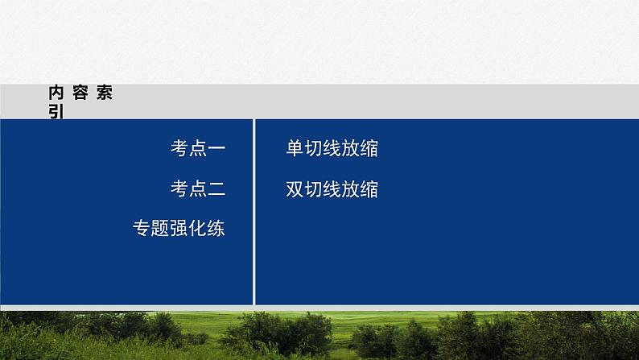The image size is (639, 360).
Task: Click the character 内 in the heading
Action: click(56, 93)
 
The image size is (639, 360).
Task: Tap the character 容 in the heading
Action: click(80, 93)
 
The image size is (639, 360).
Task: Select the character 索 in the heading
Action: click(104, 93)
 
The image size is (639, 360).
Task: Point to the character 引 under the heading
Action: click(56, 112)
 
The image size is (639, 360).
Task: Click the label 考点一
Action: click(197, 148)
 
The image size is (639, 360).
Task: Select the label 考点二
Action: click(197, 189)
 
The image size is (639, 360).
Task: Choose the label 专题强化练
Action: click(179, 229)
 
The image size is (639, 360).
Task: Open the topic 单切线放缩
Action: click(332, 148)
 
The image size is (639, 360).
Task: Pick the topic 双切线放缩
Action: click(332, 189)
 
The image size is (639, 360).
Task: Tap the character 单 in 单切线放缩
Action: click(295, 148)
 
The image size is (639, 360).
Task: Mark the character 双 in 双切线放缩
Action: click(295, 189)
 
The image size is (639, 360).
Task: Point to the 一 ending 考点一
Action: click(216, 148)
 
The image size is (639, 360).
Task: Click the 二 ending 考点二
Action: click(216, 189)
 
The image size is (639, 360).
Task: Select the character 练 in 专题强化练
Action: click(216, 229)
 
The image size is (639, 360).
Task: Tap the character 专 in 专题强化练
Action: click(142, 229)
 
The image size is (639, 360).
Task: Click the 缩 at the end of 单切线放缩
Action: click(369, 148)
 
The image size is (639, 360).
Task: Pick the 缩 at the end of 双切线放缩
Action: click(369, 189)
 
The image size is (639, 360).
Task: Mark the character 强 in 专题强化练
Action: click(179, 229)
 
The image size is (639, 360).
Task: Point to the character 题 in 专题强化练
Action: click(160, 229)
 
